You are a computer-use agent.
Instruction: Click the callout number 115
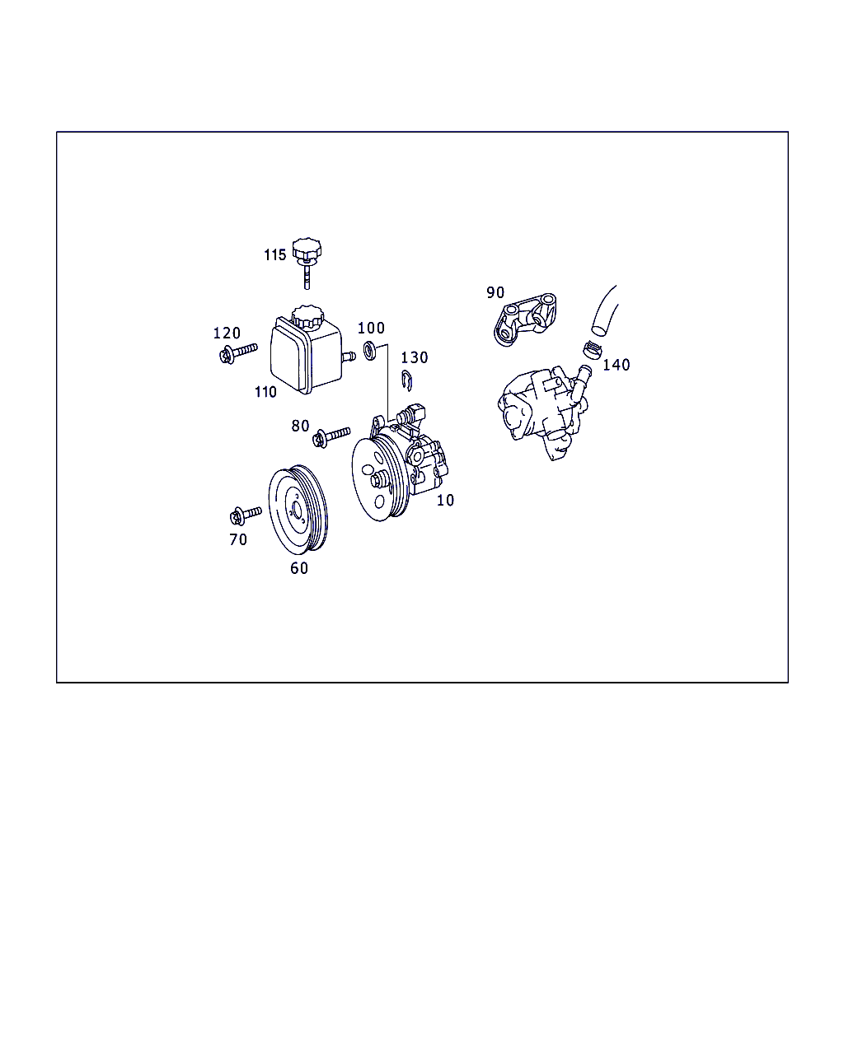[274, 254]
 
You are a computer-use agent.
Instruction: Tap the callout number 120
[227, 333]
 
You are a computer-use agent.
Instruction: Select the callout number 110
[265, 392]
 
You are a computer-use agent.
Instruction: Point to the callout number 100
[371, 328]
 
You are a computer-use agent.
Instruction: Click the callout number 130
[415, 357]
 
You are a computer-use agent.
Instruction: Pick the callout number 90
[495, 292]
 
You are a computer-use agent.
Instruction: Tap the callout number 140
[616, 365]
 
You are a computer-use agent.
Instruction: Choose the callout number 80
[300, 426]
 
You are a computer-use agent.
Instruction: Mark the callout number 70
[238, 539]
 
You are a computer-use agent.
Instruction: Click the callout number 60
[299, 568]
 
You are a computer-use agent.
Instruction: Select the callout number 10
[445, 500]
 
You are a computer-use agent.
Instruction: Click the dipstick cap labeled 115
[307, 263]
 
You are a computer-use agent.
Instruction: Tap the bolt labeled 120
[238, 353]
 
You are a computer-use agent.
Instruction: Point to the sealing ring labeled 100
[370, 351]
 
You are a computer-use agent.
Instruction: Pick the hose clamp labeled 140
[593, 350]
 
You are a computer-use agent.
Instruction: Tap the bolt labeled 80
[331, 437]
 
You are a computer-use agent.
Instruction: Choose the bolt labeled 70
[246, 515]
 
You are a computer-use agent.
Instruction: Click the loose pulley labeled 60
[298, 510]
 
